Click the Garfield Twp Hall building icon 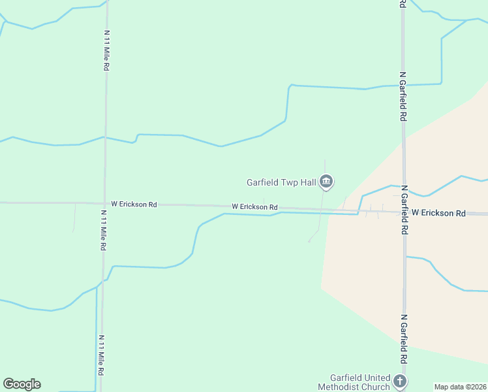(x=327, y=182)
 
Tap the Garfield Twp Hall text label (x=281, y=183)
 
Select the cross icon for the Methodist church (x=401, y=380)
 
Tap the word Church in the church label (x=376, y=387)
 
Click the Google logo (x=22, y=384)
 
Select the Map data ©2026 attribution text (x=461, y=387)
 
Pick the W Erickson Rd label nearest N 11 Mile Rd (x=134, y=204)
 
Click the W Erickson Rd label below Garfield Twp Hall (x=254, y=207)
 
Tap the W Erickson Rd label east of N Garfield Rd (x=438, y=213)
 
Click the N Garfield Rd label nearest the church (x=404, y=339)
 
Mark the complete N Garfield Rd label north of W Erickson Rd (x=404, y=96)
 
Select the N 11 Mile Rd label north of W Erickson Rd (x=106, y=50)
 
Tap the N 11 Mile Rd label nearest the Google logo (x=101, y=355)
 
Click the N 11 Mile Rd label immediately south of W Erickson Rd (x=103, y=230)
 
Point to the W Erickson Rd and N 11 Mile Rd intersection (x=104, y=204)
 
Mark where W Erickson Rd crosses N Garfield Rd (x=404, y=212)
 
